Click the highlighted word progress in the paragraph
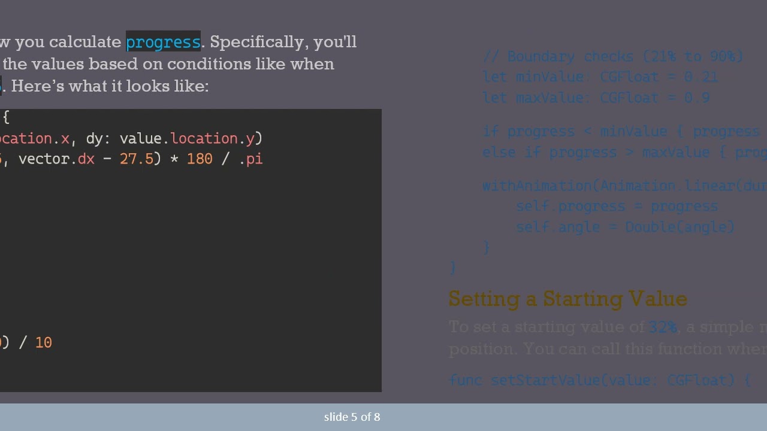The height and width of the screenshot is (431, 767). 163,42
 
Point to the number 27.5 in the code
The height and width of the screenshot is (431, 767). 137,159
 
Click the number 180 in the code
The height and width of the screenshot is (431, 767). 200,159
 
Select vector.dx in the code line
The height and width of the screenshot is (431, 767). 56,159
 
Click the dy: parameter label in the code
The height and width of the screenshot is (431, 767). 95,139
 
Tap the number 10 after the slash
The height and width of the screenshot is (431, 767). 44,343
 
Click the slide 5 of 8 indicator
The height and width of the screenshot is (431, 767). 352,417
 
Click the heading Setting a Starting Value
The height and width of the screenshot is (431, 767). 567,299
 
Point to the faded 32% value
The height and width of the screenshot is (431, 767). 663,327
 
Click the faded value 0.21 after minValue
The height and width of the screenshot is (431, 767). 700,77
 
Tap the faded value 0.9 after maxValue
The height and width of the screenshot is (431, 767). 697,98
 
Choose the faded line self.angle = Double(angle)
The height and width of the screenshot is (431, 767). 625,227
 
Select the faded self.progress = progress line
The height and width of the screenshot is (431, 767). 617,207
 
